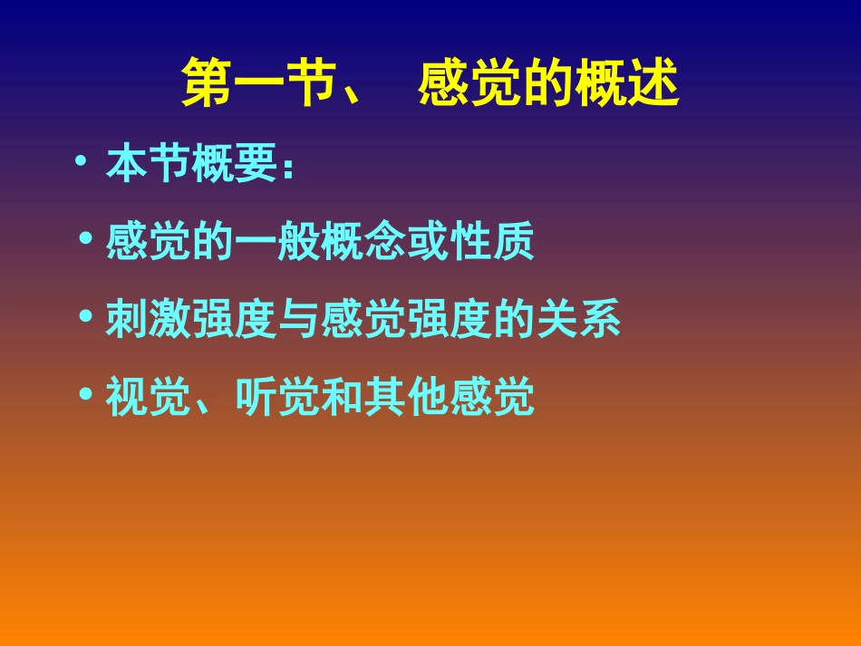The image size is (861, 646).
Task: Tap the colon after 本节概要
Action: pos(287,169)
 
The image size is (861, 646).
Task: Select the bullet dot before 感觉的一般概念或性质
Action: pos(86,239)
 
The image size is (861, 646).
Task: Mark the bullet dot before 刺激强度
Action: pos(86,317)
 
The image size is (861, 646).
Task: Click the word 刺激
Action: pos(148,321)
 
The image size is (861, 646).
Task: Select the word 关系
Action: pos(578,321)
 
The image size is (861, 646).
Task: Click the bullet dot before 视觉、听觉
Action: pos(86,394)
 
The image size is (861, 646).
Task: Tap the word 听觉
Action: pos(277,398)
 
